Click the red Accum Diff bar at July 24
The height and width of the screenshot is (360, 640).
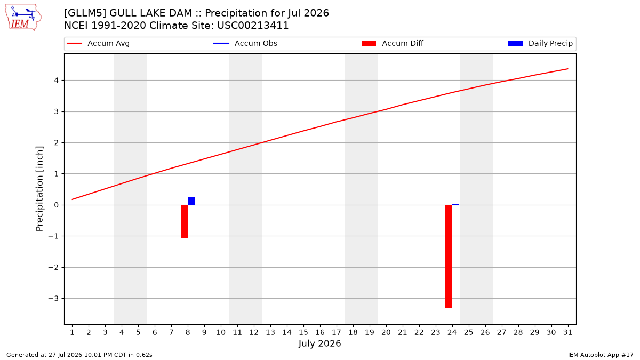(449, 257)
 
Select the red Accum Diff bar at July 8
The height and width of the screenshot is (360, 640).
(185, 221)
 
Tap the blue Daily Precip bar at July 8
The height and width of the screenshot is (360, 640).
(191, 201)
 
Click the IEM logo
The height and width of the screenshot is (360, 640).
(23, 18)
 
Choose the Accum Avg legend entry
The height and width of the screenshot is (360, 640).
(98, 43)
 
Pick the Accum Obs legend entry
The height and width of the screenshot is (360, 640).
(245, 43)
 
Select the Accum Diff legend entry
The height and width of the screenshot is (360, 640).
(393, 43)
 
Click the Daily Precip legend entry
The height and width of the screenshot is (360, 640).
(540, 43)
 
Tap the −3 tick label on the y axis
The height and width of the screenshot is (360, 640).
(53, 299)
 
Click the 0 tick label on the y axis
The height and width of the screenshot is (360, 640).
(57, 205)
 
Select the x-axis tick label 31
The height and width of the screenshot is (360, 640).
(567, 332)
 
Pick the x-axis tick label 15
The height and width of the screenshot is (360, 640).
(303, 332)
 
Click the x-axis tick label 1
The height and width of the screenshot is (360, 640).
(73, 332)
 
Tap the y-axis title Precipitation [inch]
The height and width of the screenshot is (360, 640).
(39, 189)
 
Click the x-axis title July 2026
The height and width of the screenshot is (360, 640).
(319, 343)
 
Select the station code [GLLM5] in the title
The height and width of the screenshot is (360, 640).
(85, 13)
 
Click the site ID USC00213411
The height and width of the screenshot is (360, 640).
(253, 26)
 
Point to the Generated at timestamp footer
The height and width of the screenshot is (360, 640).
(79, 355)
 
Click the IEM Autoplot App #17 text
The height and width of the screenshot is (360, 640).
(601, 355)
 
